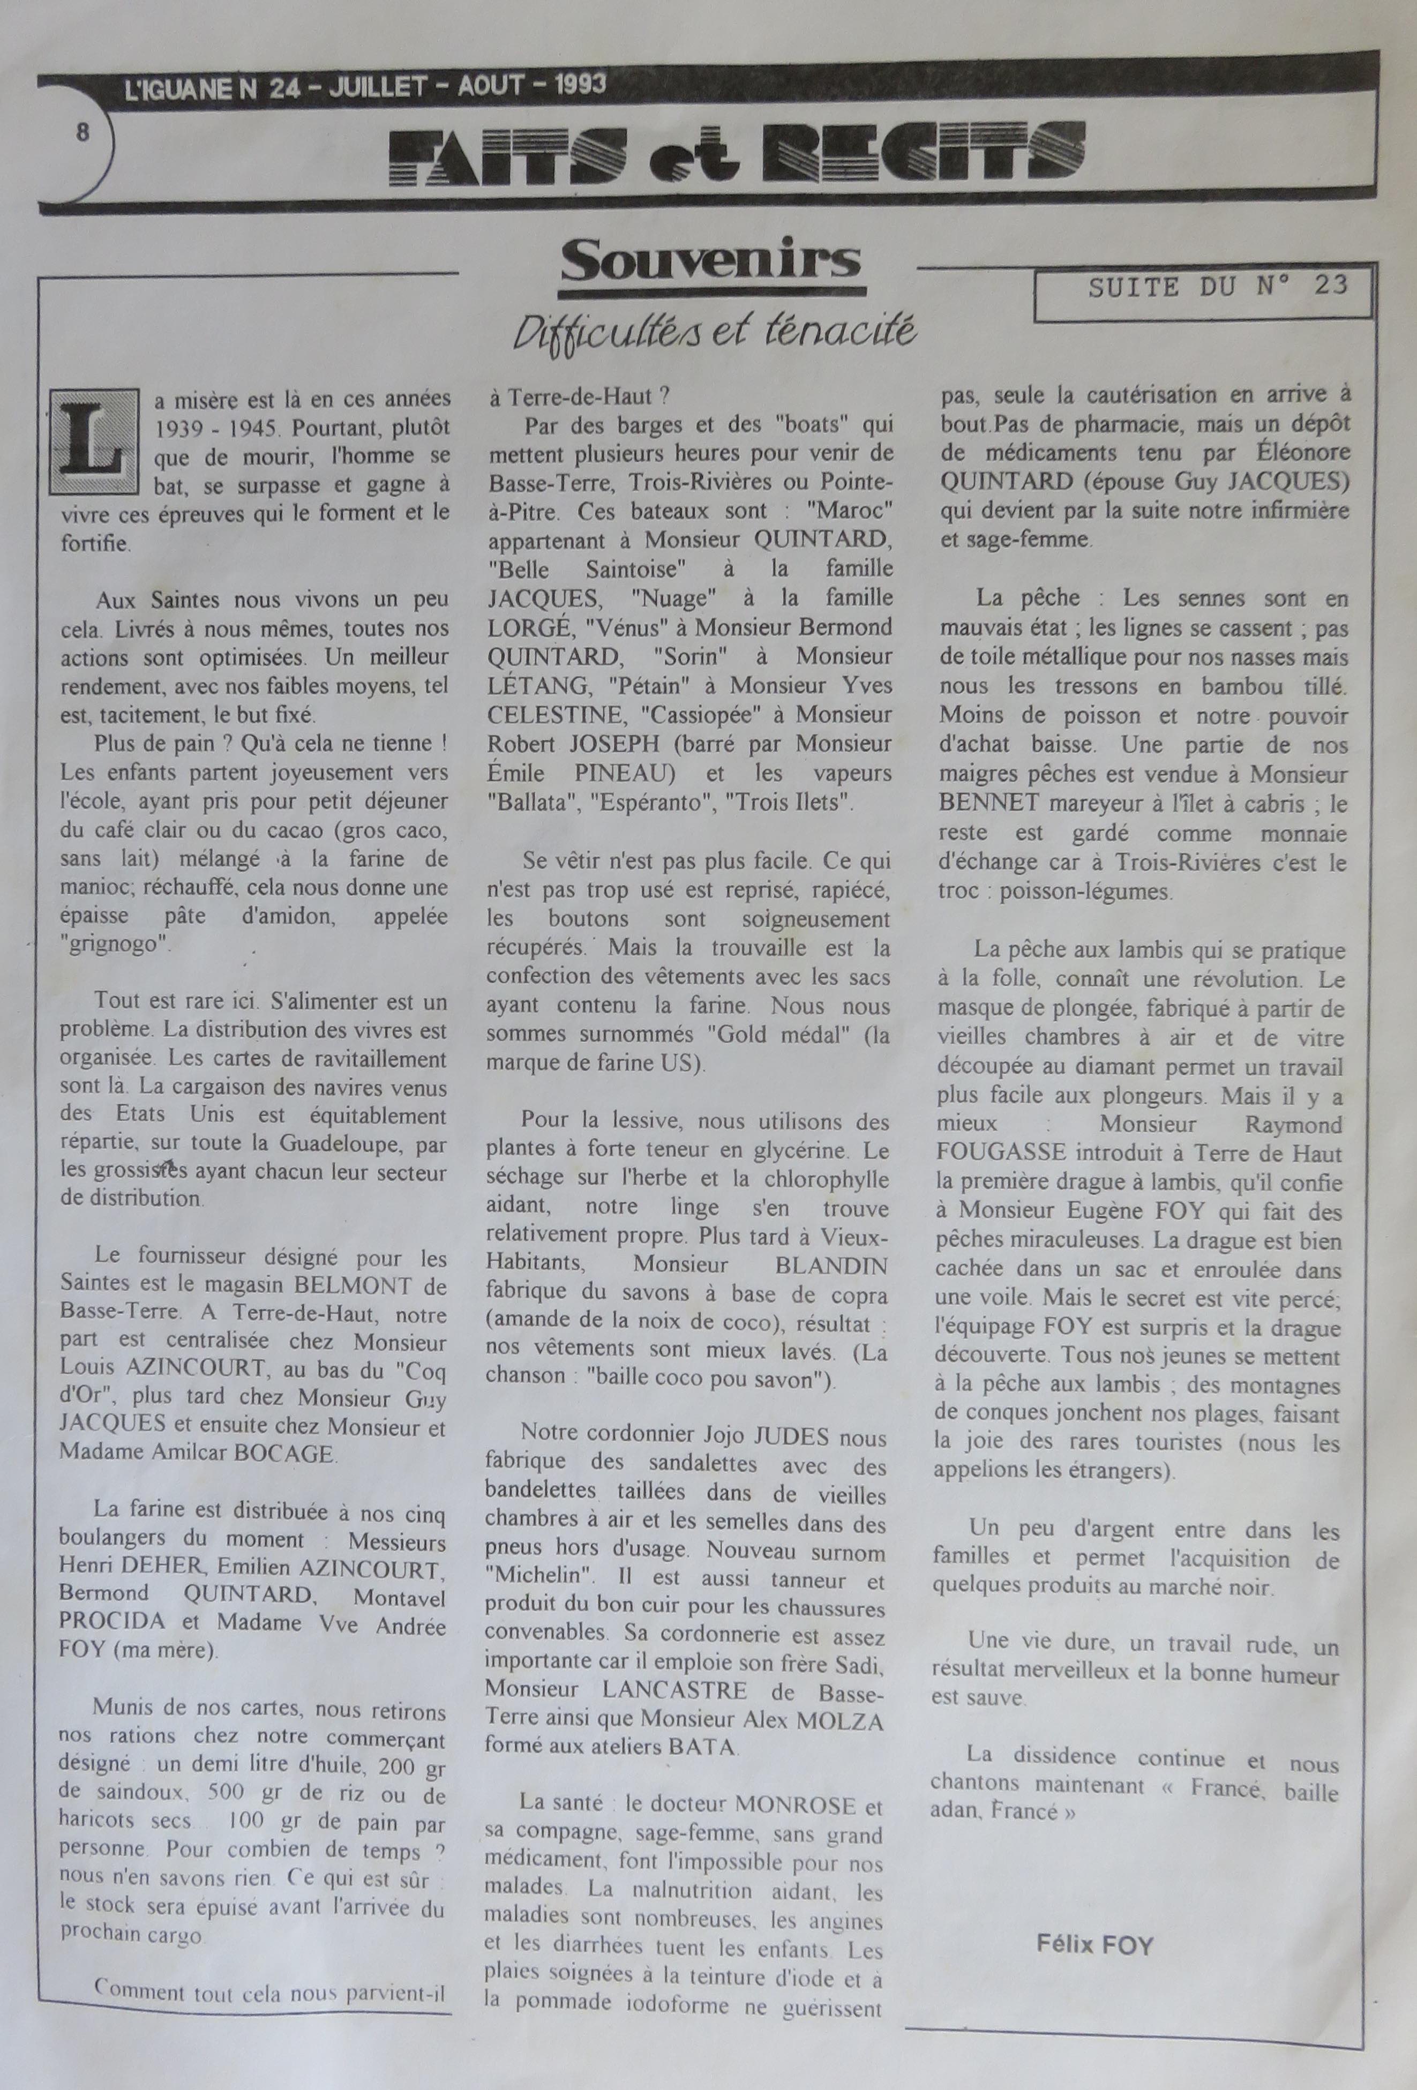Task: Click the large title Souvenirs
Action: click(x=711, y=261)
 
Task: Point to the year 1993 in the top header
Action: click(x=580, y=85)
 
